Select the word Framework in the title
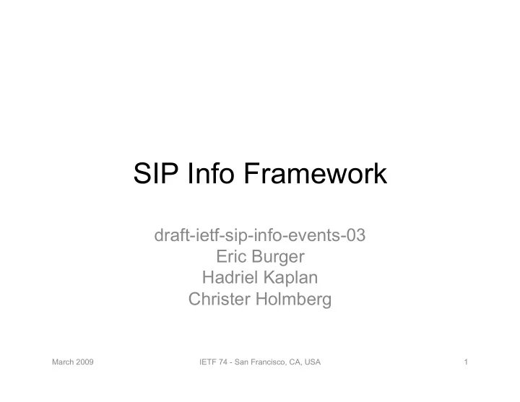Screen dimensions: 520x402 pyautogui.click(x=316, y=173)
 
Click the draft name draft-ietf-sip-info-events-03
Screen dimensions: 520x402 pyautogui.click(x=260, y=235)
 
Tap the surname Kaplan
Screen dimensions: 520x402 pyautogui.click(x=291, y=279)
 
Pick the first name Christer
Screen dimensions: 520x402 pyautogui.click(x=220, y=299)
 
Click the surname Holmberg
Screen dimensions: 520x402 pyautogui.click(x=293, y=300)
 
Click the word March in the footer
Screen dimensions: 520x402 pyautogui.click(x=63, y=362)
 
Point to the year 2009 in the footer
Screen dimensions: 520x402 pyautogui.click(x=84, y=362)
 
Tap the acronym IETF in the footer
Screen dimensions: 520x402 pyautogui.click(x=207, y=362)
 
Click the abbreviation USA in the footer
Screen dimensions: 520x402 pyautogui.click(x=313, y=362)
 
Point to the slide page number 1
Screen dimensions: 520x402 pyautogui.click(x=466, y=362)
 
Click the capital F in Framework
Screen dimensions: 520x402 pyautogui.click(x=252, y=173)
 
